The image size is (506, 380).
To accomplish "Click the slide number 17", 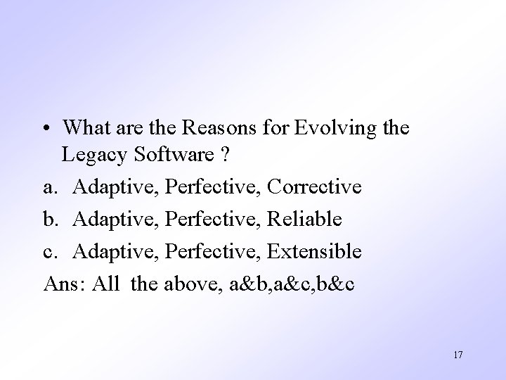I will (458, 355).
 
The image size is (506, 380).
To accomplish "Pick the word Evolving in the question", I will (339, 128).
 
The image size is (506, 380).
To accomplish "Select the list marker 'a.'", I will (51, 188).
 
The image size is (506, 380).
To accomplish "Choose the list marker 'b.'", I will (51, 220).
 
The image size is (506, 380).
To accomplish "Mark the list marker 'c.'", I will (51, 252).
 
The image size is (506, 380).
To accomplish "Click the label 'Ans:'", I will (65, 284).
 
